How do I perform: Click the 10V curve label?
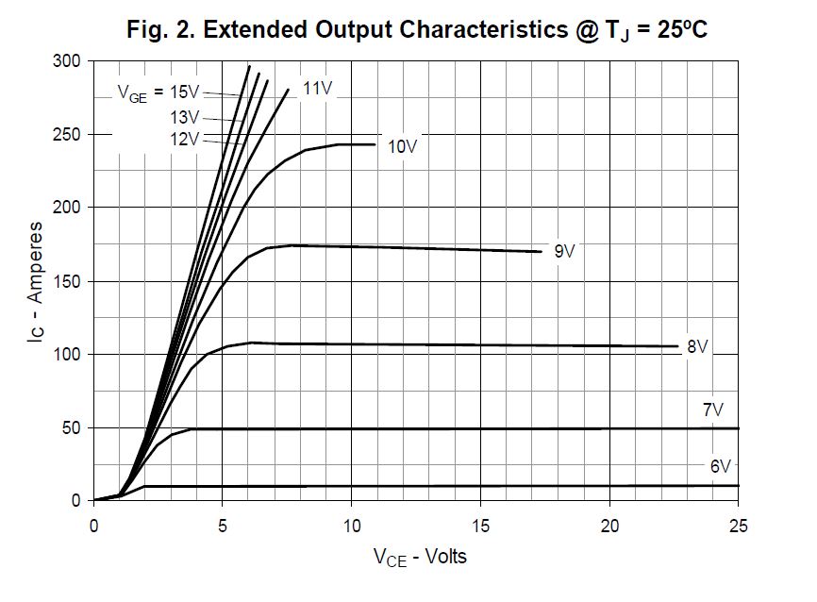tap(403, 146)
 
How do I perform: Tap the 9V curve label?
tap(564, 251)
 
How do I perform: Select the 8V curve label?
tap(697, 346)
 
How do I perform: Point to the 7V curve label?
tap(712, 410)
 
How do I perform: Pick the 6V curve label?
tap(721, 466)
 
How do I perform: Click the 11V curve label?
tap(317, 89)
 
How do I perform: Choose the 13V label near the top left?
tap(185, 117)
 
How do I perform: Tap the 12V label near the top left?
tap(185, 139)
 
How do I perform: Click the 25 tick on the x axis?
tap(739, 525)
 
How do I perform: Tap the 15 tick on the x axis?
tap(481, 525)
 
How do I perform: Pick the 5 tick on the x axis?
tap(223, 525)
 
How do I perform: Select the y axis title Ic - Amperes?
tap(35, 280)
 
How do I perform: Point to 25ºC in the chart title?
tap(675, 29)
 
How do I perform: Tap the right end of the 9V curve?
tap(542, 252)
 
